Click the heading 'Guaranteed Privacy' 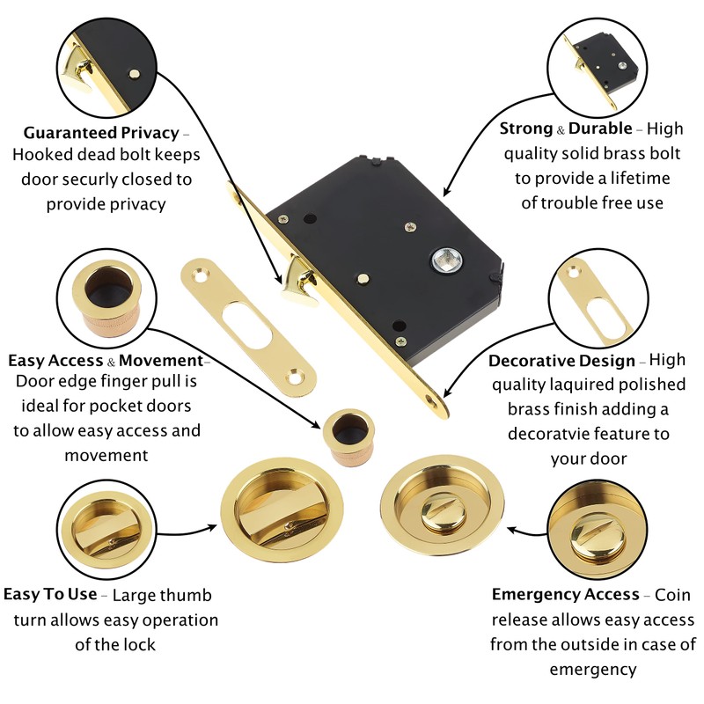100,134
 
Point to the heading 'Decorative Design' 561,361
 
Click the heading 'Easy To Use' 50,595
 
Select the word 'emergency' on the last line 592,669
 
